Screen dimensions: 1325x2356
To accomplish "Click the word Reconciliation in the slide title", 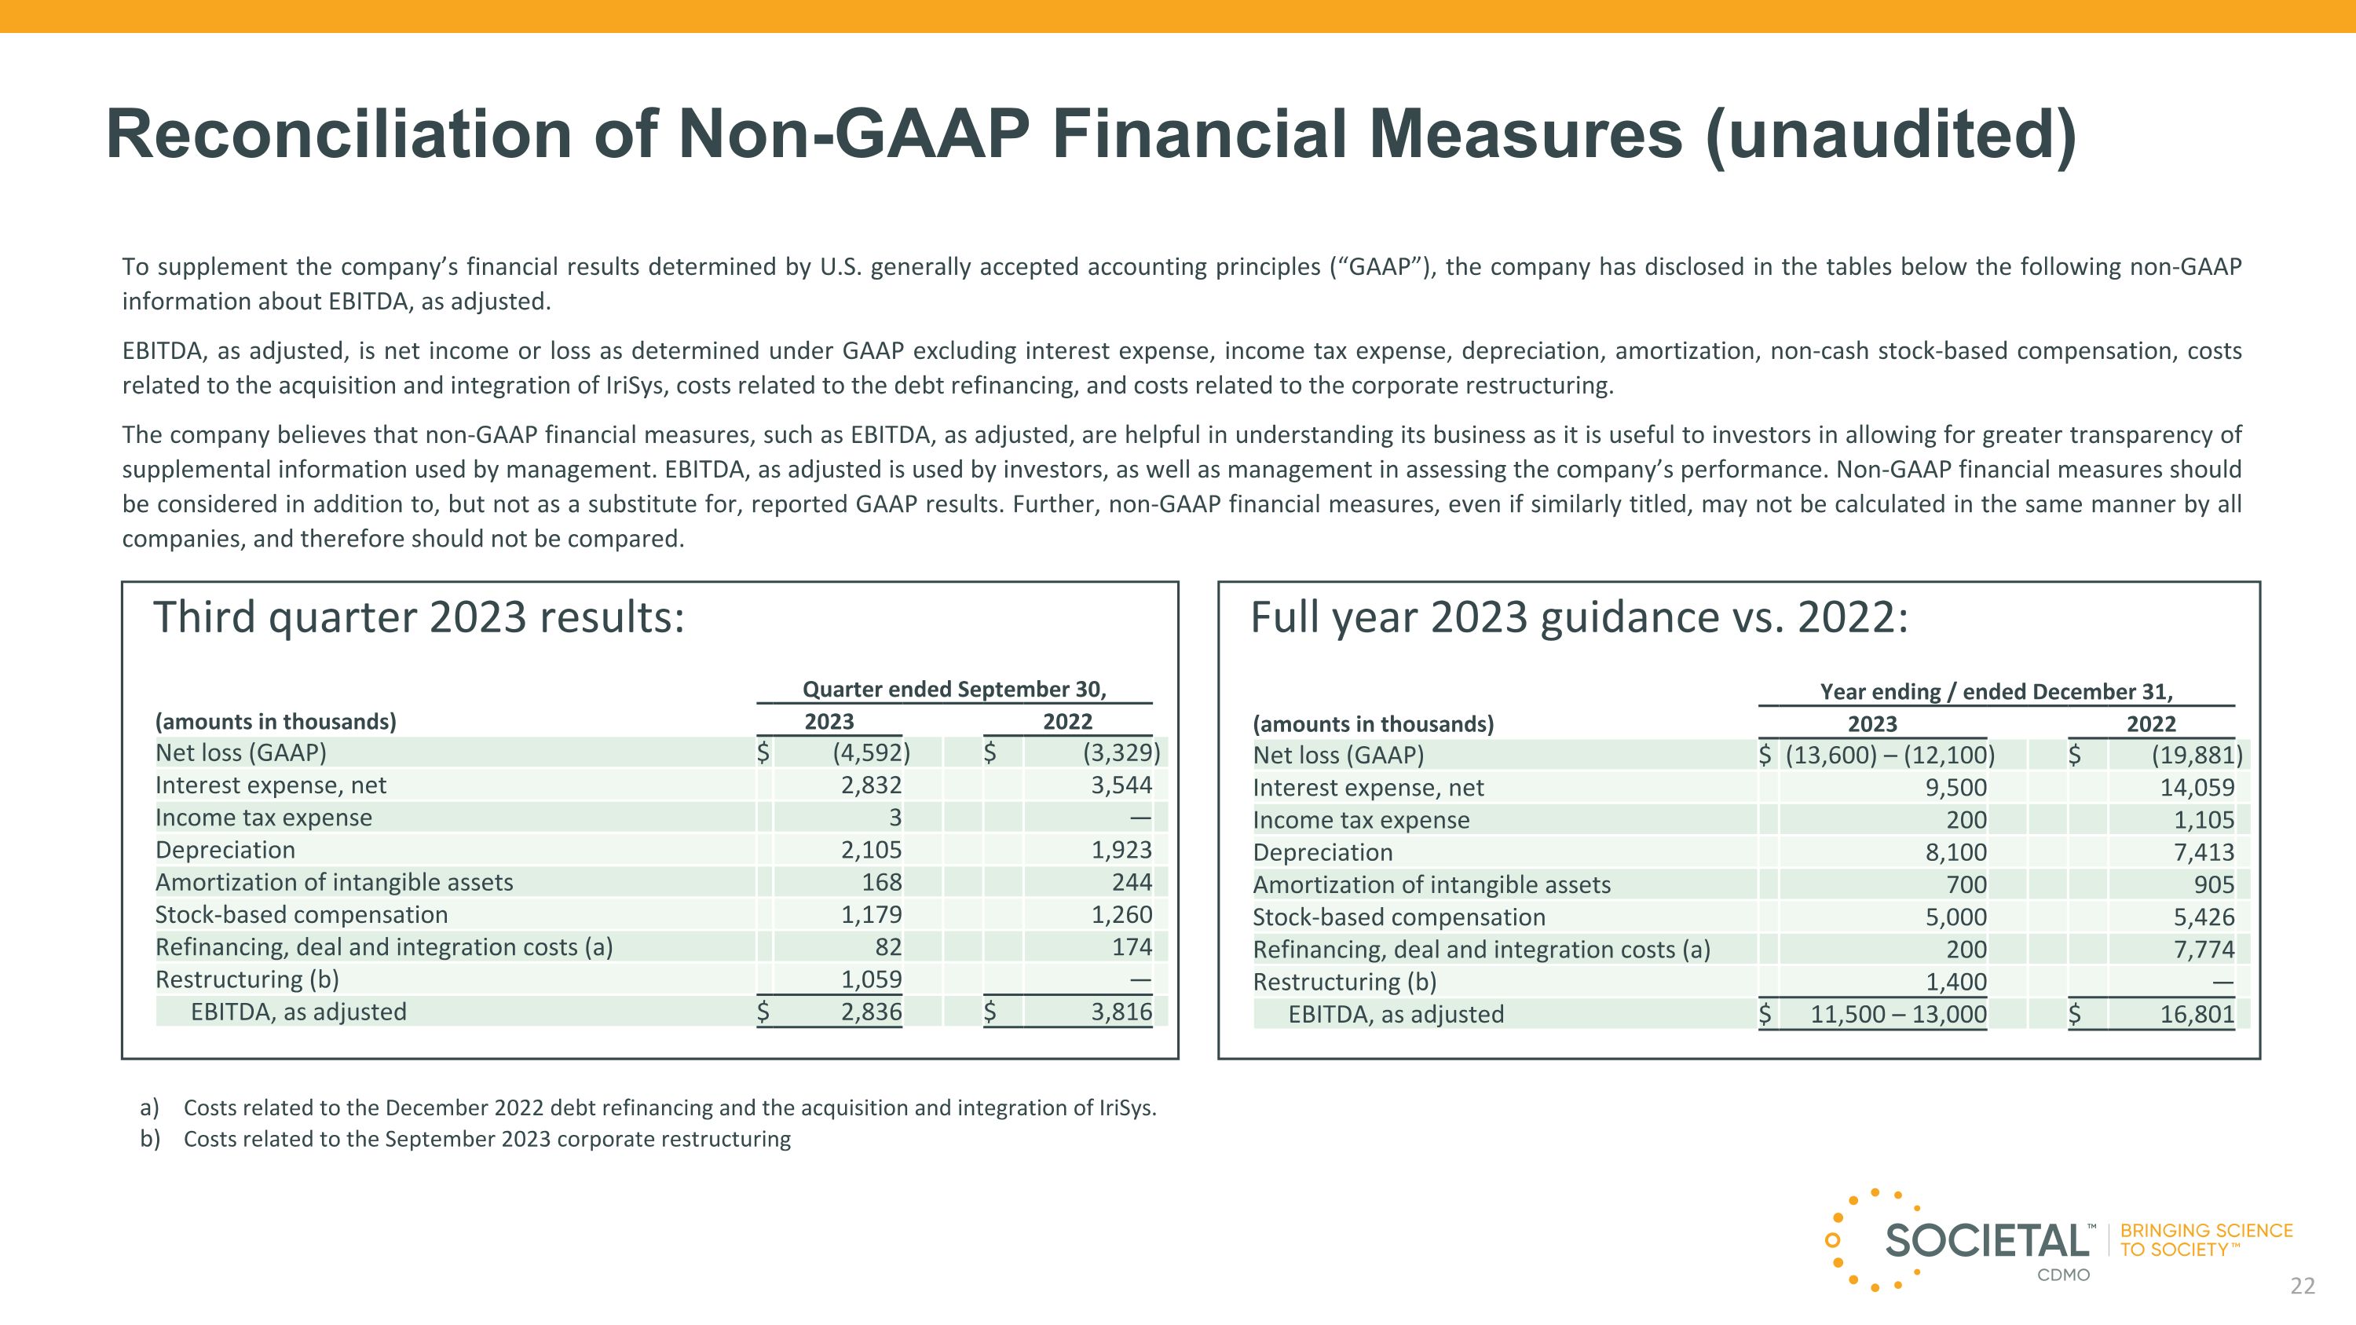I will [x=338, y=134].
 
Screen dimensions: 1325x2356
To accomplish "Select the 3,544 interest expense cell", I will [x=1121, y=785].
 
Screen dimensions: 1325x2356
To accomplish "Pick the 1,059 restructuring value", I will [x=871, y=979].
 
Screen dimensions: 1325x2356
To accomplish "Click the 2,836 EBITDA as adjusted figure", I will [x=871, y=1012].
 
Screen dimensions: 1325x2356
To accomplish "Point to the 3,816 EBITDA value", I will [x=1121, y=1012].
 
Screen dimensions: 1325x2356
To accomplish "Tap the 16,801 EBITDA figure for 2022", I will [x=2197, y=1015].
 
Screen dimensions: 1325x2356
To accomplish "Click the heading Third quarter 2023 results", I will [x=419, y=617].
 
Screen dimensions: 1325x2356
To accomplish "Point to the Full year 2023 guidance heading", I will [x=1579, y=617].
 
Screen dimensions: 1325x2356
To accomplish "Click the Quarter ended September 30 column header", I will [x=954, y=690].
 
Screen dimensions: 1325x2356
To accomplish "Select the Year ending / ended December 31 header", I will [x=1996, y=692].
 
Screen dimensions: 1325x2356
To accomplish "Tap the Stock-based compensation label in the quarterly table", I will [x=302, y=915].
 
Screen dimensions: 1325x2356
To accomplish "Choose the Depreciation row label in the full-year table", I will [x=1323, y=853].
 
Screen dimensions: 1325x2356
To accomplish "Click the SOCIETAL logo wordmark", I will [x=1987, y=1242].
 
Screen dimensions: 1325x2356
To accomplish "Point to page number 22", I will [x=2302, y=1287].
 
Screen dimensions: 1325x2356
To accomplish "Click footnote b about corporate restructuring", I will [x=487, y=1140].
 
